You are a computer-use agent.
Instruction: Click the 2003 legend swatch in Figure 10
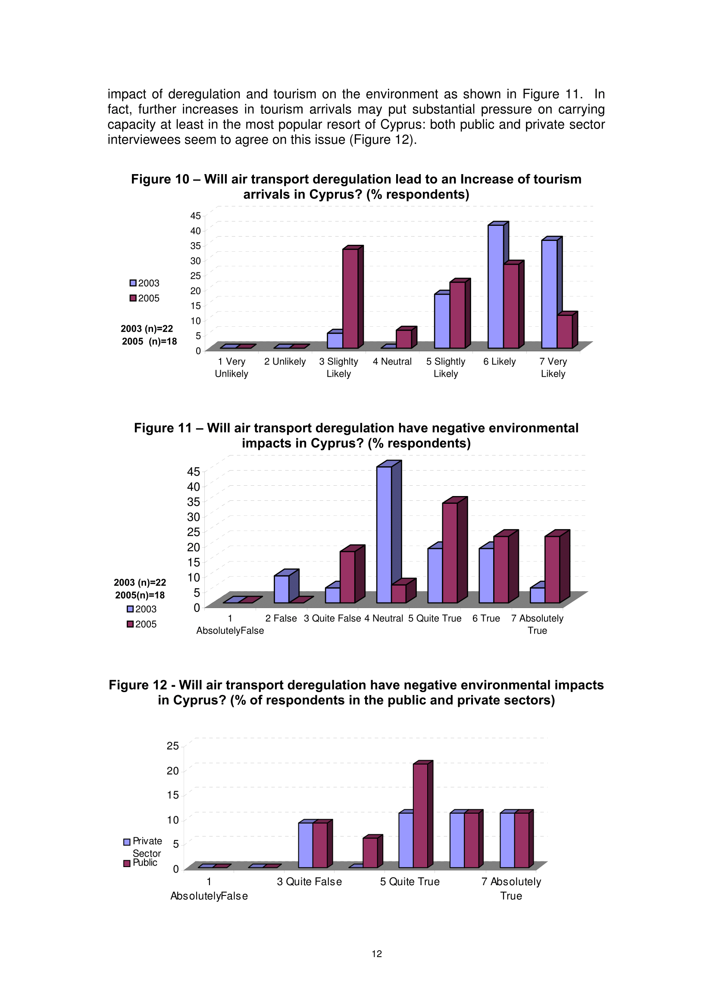click(133, 283)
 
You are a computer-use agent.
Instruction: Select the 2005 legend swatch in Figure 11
click(130, 624)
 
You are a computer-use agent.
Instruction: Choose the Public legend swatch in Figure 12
click(127, 863)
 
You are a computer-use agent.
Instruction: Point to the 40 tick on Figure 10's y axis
click(195, 231)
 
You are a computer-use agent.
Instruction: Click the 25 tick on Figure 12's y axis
click(172, 746)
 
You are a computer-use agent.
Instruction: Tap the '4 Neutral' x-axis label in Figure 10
click(392, 361)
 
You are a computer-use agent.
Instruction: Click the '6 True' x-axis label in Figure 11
click(486, 618)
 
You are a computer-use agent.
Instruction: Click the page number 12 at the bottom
click(377, 954)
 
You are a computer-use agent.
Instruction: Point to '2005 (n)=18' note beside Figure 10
click(149, 341)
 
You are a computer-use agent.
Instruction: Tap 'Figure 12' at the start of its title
click(138, 685)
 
